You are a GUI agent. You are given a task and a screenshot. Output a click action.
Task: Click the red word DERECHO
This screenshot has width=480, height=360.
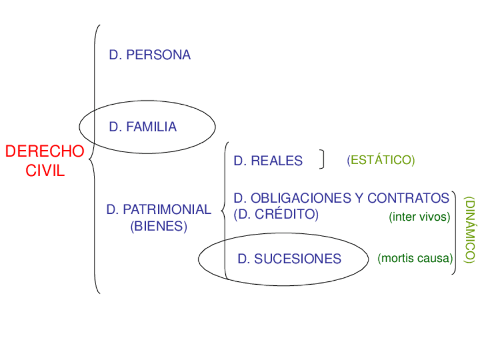coord(45,151)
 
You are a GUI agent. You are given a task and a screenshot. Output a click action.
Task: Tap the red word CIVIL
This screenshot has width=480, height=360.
coord(45,171)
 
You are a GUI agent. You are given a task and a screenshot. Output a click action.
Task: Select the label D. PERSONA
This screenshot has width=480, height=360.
coord(150,55)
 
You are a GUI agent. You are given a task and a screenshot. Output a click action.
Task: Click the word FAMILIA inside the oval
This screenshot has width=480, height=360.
coord(152,127)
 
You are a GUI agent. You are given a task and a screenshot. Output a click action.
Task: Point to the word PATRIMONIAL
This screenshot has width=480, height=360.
coord(166,209)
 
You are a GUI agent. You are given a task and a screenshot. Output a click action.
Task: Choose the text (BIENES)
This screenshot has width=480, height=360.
coord(158,226)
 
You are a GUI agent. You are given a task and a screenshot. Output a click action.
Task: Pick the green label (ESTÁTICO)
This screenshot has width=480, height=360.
coord(381,160)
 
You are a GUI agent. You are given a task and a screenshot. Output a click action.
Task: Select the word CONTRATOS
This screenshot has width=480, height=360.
coord(408,198)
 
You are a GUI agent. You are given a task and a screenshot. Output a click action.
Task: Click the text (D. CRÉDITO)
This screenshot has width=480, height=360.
coord(276,215)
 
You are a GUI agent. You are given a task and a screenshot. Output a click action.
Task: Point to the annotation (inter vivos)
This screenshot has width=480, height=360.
coord(419,217)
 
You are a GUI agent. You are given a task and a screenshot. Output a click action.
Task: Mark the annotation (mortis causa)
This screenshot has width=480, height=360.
coord(415,259)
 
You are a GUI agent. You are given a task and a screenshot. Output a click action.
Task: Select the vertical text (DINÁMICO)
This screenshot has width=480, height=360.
coord(469,230)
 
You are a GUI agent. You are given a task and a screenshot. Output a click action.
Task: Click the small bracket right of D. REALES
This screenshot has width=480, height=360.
coord(322,160)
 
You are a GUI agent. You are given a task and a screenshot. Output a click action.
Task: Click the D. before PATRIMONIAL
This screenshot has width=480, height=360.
coord(113,209)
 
